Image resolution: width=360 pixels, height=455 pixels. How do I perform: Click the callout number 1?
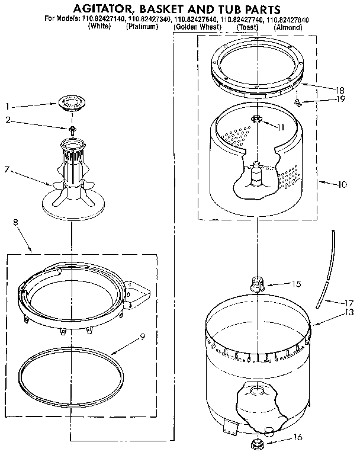point(7,107)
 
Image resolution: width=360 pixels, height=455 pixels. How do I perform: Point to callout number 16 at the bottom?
point(298,438)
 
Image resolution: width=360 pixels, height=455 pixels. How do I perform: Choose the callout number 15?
point(297,284)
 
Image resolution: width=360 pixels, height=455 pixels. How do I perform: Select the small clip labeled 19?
point(299,103)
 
